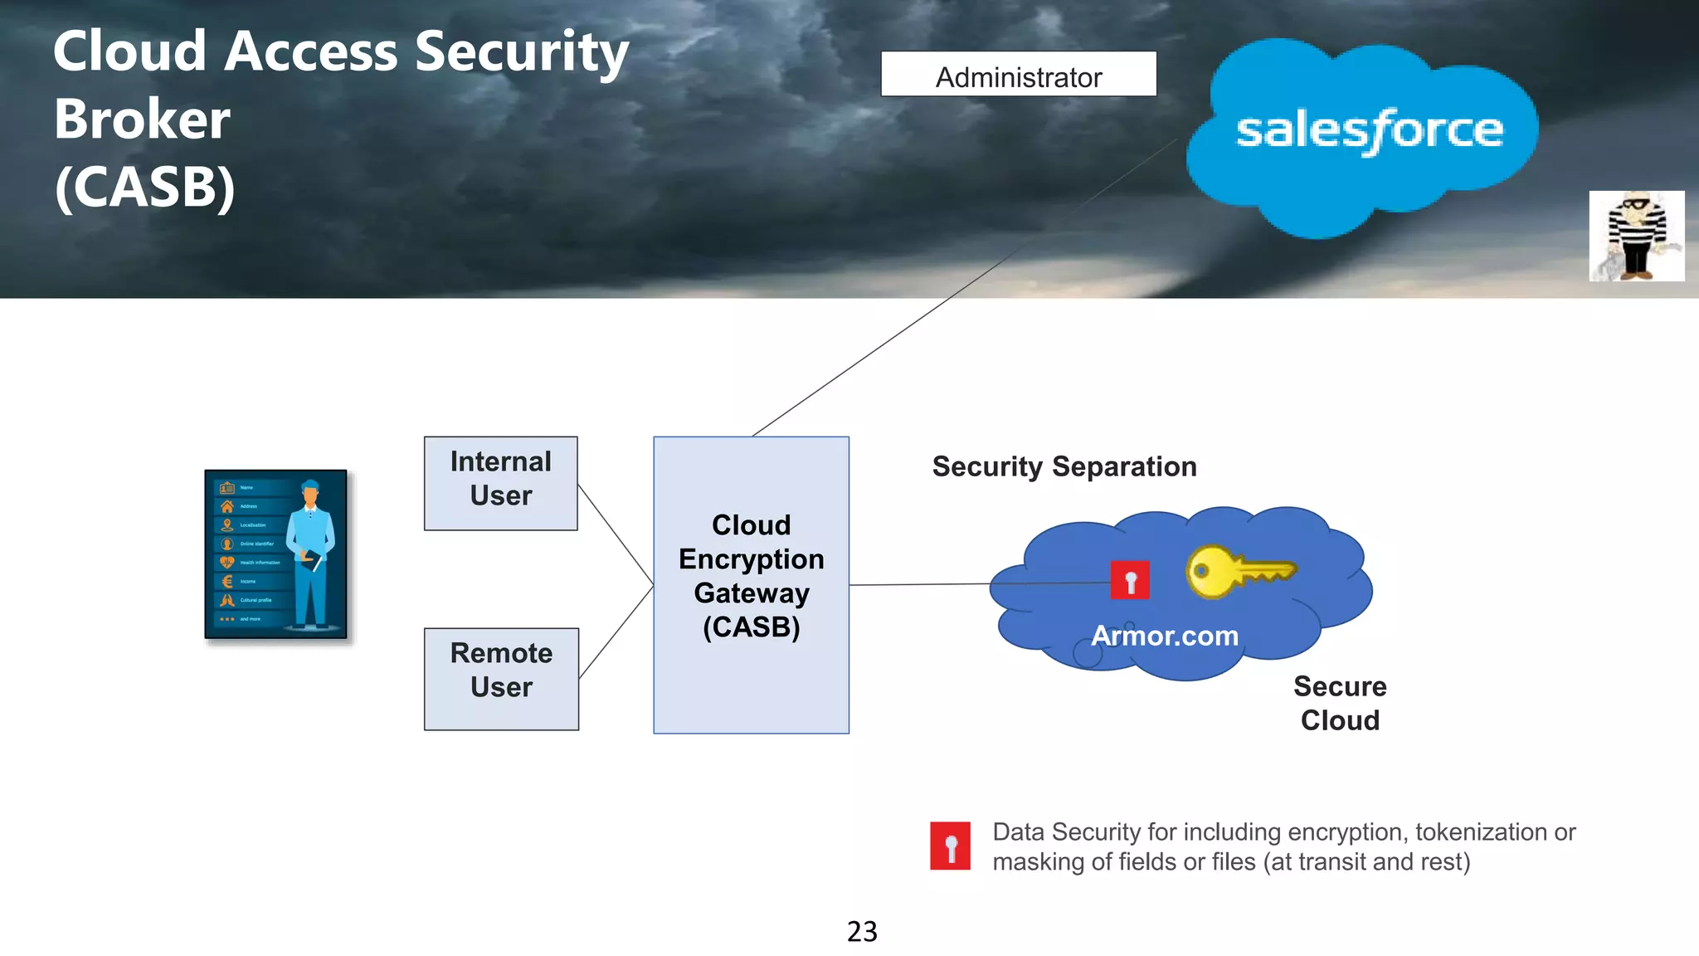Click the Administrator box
[x=1018, y=75]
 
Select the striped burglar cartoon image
[x=1636, y=237]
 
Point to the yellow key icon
[x=1238, y=571]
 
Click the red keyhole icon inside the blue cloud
[x=1130, y=580]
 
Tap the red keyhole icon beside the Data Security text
[x=950, y=846]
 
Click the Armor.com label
[x=1164, y=636]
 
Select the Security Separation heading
[x=1064, y=466]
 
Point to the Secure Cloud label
[x=1339, y=703]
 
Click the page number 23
[x=862, y=931]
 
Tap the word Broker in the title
[x=142, y=119]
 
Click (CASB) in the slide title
[x=145, y=188]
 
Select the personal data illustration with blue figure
[x=276, y=554]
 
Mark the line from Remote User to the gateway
[x=616, y=632]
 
